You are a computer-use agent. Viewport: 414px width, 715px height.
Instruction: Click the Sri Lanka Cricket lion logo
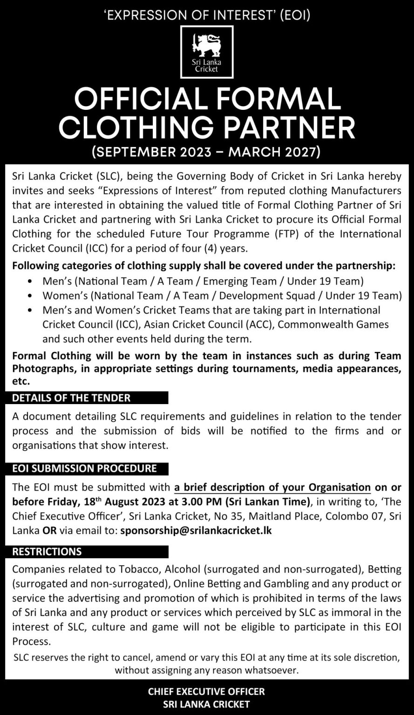click(207, 52)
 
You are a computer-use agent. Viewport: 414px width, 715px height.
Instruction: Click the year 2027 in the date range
click(299, 152)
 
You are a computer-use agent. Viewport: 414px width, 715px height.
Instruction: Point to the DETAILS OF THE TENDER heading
click(71, 398)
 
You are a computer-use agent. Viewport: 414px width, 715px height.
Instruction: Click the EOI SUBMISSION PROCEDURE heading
click(84, 468)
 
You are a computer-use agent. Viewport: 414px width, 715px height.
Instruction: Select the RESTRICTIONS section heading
click(47, 552)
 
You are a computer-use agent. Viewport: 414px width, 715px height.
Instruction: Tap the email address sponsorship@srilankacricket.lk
click(196, 530)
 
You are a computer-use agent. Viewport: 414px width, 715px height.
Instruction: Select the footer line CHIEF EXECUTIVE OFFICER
click(206, 692)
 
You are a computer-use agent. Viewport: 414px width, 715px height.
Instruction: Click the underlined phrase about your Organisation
click(272, 487)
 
